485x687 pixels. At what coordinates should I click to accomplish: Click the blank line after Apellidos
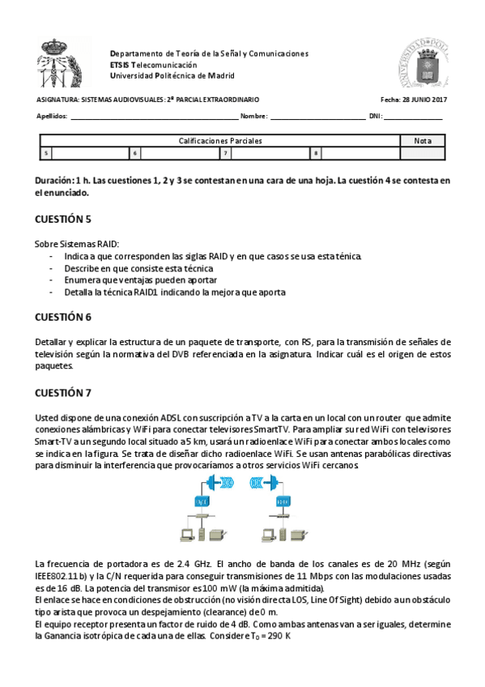coord(154,117)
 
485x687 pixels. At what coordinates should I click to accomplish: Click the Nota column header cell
coord(423,141)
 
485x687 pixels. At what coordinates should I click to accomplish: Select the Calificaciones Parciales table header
coord(220,141)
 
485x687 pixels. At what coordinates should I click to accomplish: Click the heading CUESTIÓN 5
coord(63,219)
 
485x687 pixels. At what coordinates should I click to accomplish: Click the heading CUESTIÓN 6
coord(63,317)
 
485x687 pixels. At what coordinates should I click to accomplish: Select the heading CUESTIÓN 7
coord(63,393)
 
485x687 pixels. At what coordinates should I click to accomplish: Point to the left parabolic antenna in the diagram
coord(214,482)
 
